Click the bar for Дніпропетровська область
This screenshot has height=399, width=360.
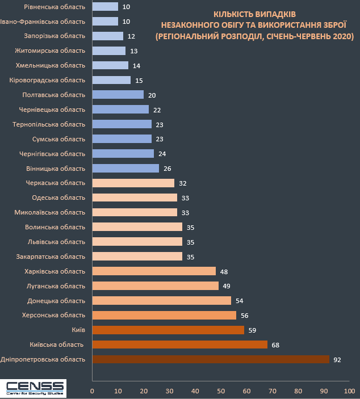tap(210, 359)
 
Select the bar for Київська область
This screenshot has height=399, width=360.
tap(179, 345)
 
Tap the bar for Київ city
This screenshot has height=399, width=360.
tap(168, 330)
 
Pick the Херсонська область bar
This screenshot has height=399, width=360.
tap(164, 315)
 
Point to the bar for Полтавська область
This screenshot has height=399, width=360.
tap(118, 95)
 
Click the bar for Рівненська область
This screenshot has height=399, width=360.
tap(105, 7)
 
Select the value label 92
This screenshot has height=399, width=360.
tap(338, 359)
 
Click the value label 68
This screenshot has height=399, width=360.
tap(276, 345)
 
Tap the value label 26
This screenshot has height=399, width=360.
tap(167, 168)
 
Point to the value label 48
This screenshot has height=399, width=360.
tap(224, 271)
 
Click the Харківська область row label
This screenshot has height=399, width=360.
tap(55, 271)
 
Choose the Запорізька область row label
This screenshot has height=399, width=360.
tap(56, 36)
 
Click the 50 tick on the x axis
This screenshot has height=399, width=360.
tap(221, 390)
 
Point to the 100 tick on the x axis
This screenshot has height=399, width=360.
tap(349, 390)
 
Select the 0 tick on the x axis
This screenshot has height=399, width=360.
tap(92, 390)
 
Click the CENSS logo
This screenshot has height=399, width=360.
tap(34, 388)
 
